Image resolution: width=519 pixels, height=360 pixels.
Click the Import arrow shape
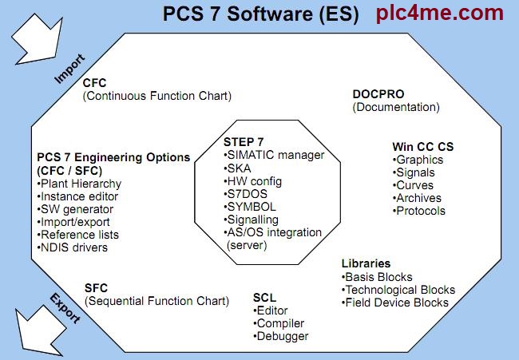pyautogui.click(x=37, y=40)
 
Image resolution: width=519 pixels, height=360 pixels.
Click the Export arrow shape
pyautogui.click(x=40, y=331)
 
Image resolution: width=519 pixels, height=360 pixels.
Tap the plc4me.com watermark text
pyautogui.click(x=440, y=14)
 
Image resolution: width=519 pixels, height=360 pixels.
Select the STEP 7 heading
pyautogui.click(x=244, y=142)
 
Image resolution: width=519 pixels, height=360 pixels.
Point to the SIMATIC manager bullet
pyautogui.click(x=274, y=155)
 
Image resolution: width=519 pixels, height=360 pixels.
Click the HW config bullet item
pyautogui.click(x=253, y=181)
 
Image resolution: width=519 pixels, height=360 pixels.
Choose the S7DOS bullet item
pyautogui.click(x=245, y=194)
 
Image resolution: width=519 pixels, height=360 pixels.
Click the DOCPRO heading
pyautogui.click(x=378, y=94)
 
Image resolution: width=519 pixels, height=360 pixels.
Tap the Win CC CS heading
pyautogui.click(x=423, y=147)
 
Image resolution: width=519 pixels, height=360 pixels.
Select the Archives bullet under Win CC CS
pyautogui.click(x=417, y=198)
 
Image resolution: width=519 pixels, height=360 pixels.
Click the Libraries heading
pyautogui.click(x=366, y=263)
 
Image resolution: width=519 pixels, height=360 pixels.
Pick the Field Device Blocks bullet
pyautogui.click(x=395, y=303)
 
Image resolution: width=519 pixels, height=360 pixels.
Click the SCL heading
pyautogui.click(x=264, y=298)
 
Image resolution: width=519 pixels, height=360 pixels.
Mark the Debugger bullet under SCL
pyautogui.click(x=281, y=336)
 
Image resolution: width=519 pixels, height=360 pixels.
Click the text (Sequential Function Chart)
pyautogui.click(x=156, y=301)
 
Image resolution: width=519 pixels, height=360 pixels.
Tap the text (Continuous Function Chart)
pyautogui.click(x=156, y=96)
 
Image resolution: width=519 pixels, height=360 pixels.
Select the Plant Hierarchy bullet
pyautogui.click(x=79, y=184)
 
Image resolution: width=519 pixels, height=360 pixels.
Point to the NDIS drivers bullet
pyautogui.click(x=73, y=247)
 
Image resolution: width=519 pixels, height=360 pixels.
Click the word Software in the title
pyautogui.click(x=270, y=14)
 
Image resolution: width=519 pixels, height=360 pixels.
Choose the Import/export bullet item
pyautogui.click(x=73, y=222)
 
